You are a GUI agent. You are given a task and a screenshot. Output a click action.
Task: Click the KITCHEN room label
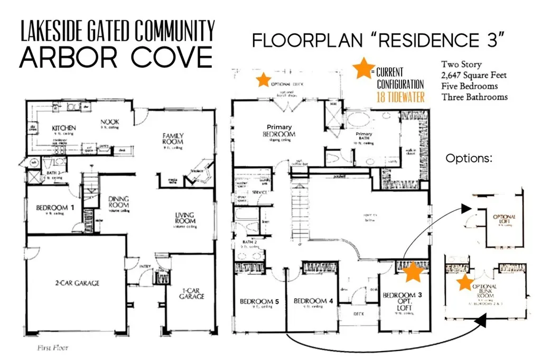coord(64,128)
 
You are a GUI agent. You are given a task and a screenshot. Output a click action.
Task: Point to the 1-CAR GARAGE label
coord(192,293)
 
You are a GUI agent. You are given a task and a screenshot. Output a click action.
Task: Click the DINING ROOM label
coord(118,202)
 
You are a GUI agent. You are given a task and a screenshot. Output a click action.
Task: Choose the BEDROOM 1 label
coord(52,208)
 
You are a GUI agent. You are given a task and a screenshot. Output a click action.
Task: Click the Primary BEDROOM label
coord(281,131)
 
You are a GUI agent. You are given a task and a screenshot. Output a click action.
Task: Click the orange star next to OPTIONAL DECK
coord(262,80)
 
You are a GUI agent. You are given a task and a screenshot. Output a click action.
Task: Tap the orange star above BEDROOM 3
coord(414,272)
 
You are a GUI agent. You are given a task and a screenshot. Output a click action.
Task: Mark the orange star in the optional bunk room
coord(465,282)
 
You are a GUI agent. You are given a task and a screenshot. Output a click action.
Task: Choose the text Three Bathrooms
coord(474,97)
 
